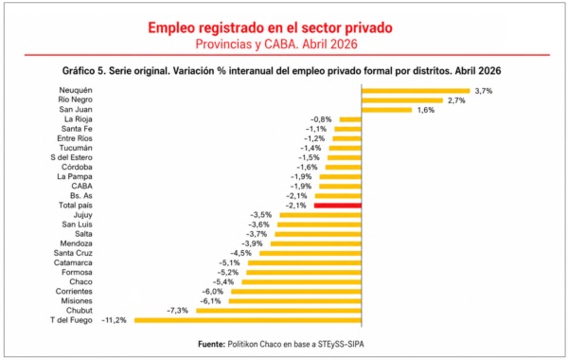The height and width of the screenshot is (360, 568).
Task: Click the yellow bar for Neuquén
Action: [416, 91]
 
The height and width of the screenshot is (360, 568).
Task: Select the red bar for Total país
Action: [338, 206]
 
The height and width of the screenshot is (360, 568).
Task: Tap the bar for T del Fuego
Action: [248, 320]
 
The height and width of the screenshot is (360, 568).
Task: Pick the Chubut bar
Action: [279, 311]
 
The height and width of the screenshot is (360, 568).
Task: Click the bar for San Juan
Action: [386, 110]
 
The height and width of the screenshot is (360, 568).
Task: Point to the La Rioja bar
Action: [350, 119]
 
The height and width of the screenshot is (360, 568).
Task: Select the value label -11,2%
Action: [115, 320]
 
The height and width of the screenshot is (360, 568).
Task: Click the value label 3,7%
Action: [484, 91]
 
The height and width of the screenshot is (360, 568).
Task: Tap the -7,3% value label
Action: [178, 311]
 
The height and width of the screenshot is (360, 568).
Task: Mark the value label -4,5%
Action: [240, 253]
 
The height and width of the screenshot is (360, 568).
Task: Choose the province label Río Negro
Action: [76, 99]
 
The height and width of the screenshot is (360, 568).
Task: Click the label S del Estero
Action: [71, 157]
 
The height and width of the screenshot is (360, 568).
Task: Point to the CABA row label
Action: [81, 187]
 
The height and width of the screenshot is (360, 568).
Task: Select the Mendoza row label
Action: [76, 243]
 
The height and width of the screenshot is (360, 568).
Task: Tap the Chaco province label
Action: [81, 282]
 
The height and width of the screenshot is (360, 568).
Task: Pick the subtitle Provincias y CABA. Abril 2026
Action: [276, 45]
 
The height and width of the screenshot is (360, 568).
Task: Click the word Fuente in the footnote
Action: [211, 345]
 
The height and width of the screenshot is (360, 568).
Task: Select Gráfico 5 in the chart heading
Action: [83, 71]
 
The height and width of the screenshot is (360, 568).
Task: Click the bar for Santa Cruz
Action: [311, 253]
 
